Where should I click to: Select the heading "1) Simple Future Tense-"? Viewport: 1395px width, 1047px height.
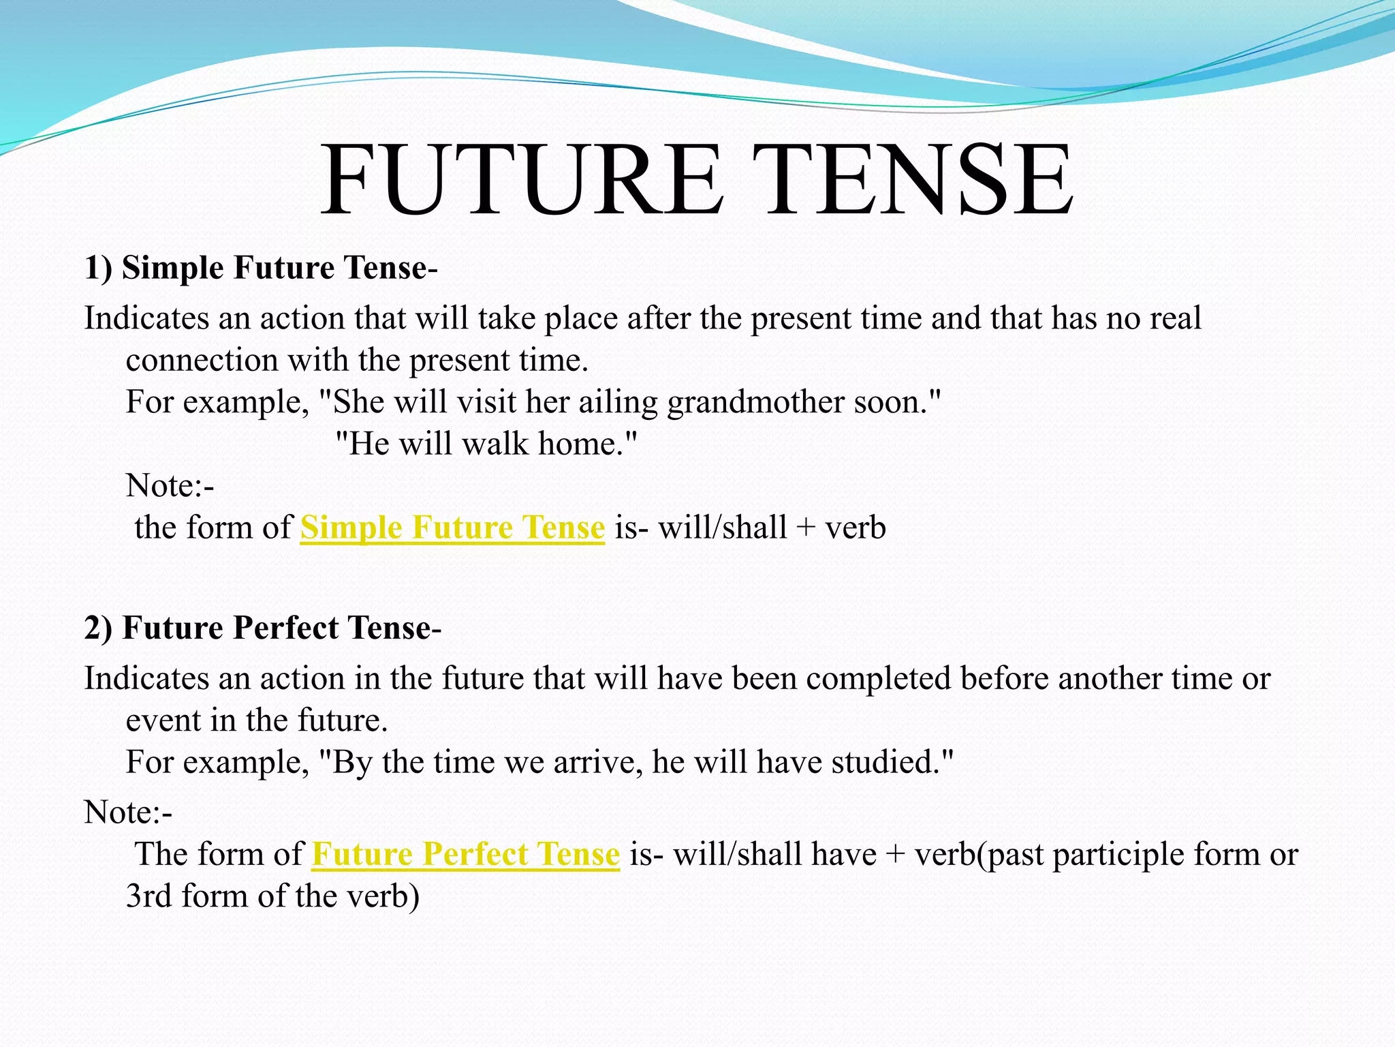pyautogui.click(x=260, y=267)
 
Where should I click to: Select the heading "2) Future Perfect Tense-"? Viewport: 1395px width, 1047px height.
pyautogui.click(x=262, y=628)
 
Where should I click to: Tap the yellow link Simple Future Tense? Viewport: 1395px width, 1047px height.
pyautogui.click(x=452, y=528)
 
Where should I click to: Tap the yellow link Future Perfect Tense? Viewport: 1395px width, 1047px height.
pyautogui.click(x=465, y=854)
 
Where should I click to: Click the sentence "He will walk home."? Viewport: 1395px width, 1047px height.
pyautogui.click(x=486, y=444)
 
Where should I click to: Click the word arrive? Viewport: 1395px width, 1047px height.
pyautogui.click(x=597, y=762)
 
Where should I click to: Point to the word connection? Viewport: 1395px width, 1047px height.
pyautogui.click(x=202, y=361)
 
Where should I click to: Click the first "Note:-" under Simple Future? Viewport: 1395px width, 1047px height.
pyautogui.click(x=170, y=486)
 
